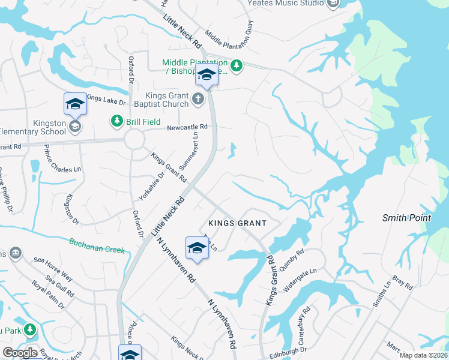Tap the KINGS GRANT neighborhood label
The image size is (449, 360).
(x=237, y=223)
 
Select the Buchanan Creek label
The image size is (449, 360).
(x=97, y=245)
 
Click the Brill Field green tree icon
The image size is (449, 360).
(x=115, y=122)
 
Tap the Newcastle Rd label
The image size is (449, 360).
(x=187, y=127)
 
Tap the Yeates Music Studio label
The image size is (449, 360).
(x=285, y=3)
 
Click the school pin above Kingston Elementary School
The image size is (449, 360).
(x=76, y=104)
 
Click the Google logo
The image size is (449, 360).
(x=20, y=353)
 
